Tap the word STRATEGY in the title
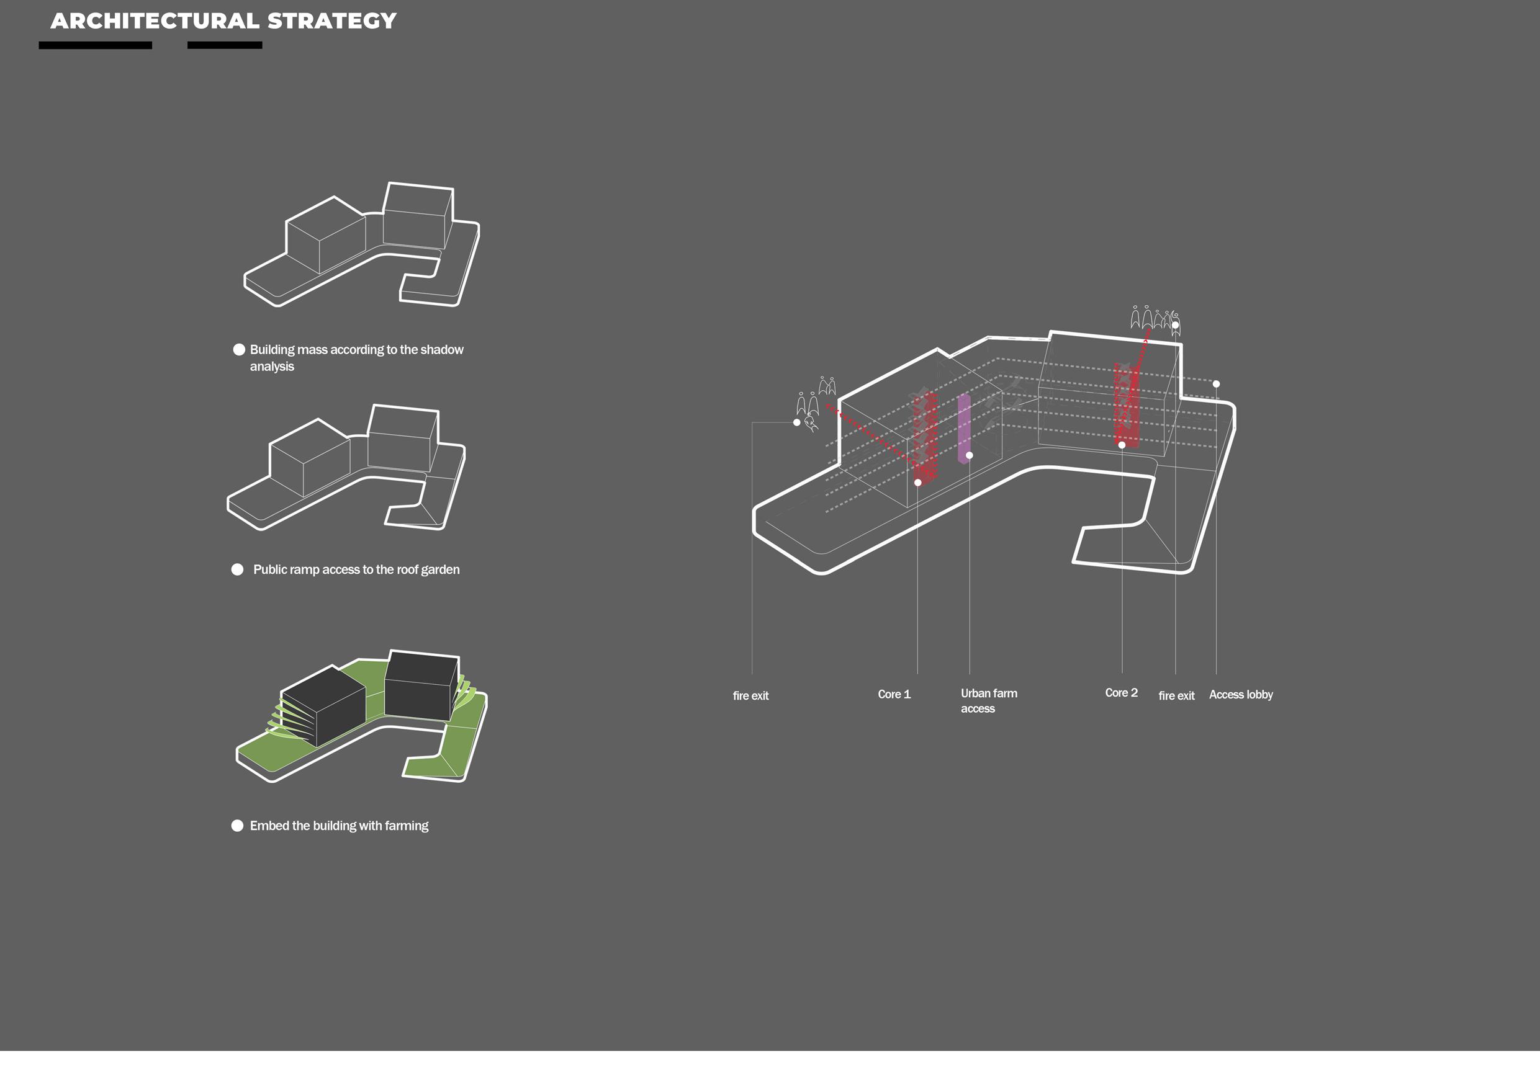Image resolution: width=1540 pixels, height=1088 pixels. (x=331, y=22)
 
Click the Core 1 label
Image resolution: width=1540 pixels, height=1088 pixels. (x=894, y=695)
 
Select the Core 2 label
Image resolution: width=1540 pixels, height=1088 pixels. (x=1121, y=693)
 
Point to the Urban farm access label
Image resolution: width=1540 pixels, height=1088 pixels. (x=988, y=700)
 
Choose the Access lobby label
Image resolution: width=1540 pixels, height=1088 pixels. (x=1240, y=695)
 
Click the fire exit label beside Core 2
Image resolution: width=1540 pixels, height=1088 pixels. (x=1176, y=697)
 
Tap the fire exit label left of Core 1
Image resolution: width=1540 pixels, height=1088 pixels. (x=750, y=697)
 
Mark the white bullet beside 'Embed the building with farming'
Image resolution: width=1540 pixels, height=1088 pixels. (x=238, y=826)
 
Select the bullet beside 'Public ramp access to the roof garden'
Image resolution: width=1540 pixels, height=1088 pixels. (x=238, y=570)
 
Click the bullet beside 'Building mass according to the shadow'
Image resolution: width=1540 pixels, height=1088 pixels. (x=239, y=350)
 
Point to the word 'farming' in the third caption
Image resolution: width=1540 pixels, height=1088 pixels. (x=407, y=826)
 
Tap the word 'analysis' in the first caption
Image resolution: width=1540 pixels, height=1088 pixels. (x=272, y=367)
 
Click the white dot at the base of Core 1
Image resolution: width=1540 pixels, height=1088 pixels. (x=917, y=483)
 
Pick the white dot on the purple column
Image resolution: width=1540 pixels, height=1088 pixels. (x=969, y=456)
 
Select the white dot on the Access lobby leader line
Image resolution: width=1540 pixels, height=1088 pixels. (x=1216, y=384)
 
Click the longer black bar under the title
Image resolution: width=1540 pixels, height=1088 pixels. (x=95, y=45)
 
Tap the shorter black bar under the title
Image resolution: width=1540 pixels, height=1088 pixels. (x=225, y=45)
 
